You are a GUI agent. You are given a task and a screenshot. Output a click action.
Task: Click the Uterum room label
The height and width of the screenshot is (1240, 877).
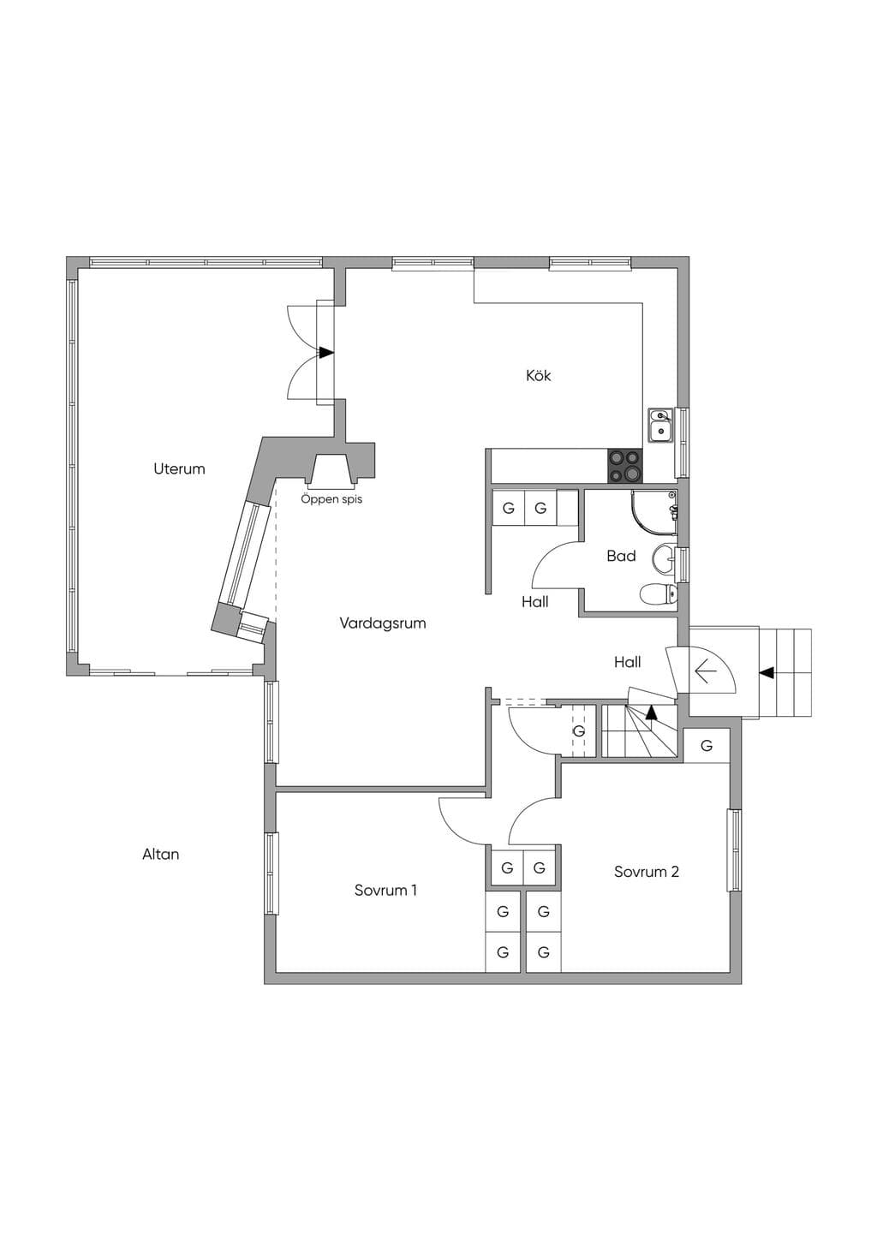point(179,469)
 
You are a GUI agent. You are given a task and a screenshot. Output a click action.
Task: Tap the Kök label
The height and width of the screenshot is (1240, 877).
point(538,376)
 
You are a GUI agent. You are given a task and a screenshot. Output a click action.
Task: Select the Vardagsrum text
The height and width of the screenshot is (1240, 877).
point(383,623)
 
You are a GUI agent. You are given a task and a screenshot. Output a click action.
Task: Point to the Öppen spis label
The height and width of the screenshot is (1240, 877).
point(331,498)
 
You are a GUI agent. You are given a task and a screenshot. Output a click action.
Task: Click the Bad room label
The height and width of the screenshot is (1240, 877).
point(621,556)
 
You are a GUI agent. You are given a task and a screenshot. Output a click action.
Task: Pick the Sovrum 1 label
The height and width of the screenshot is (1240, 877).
point(385,890)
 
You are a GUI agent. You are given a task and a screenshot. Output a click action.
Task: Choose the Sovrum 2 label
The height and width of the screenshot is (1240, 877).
point(646,872)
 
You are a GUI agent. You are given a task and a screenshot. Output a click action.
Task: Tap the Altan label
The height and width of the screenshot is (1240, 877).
point(160,854)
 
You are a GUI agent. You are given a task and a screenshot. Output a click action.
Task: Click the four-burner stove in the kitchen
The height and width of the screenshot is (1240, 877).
point(625,466)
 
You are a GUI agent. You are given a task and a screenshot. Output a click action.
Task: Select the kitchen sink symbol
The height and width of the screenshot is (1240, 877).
point(660,425)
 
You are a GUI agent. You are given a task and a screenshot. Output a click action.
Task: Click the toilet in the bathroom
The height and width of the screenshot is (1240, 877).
point(659,594)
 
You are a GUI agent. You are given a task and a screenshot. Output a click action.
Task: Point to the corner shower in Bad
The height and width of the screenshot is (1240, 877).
point(654,512)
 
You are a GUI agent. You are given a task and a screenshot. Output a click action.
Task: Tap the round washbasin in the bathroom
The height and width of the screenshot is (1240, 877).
point(664,558)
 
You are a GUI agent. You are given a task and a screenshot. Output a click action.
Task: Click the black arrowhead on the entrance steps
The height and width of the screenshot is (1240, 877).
point(767,672)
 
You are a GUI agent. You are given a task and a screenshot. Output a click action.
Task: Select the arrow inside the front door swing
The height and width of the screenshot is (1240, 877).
point(707,672)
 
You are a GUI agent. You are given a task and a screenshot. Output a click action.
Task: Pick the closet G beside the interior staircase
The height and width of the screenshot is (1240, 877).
point(579,730)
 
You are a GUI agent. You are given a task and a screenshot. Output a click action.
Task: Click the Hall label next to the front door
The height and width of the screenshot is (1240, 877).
point(627,661)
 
